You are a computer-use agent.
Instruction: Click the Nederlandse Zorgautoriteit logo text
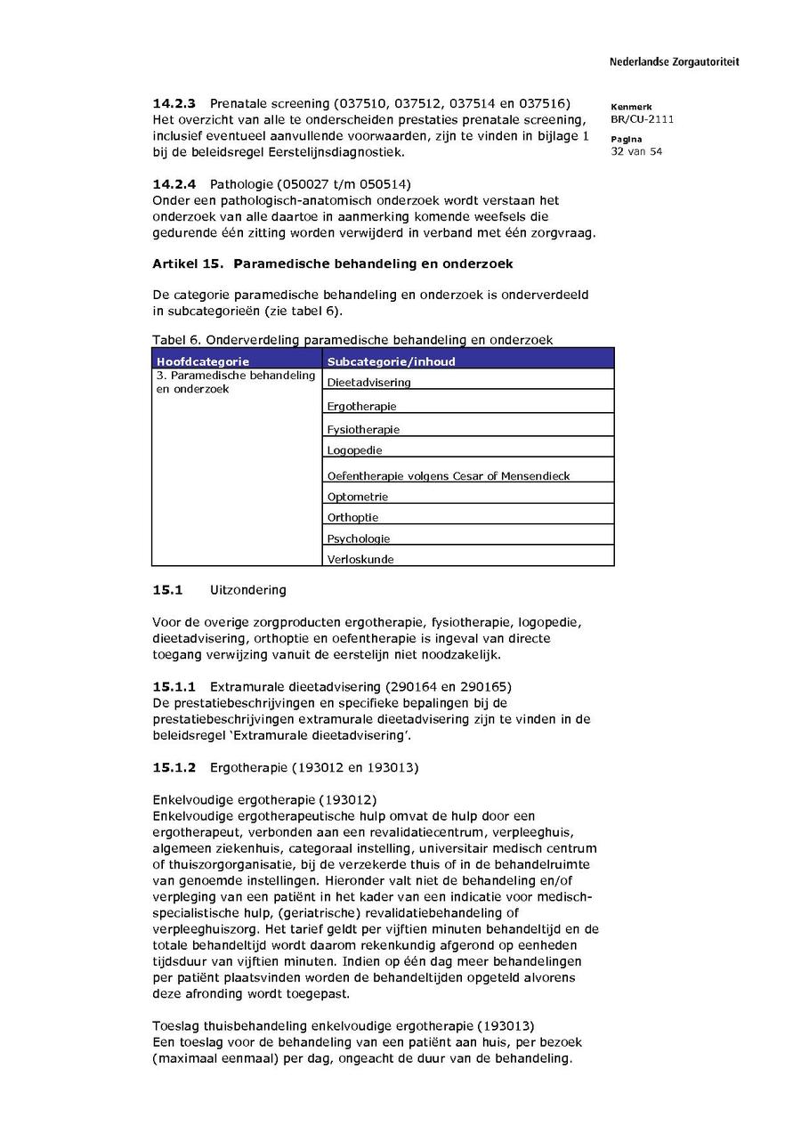pos(674,62)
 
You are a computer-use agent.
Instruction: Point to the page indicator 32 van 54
pos(635,151)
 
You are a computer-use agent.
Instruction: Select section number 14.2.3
pos(174,104)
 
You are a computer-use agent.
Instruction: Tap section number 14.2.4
pos(174,184)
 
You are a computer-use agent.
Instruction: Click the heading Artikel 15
pos(187,264)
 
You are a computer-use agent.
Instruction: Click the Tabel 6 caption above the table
pos(352,339)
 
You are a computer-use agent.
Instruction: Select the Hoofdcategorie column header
pos(203,361)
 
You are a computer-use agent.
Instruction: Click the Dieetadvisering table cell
pos(369,383)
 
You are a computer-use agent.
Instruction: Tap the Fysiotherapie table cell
pos(364,430)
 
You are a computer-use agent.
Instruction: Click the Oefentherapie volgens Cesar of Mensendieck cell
pos(449,476)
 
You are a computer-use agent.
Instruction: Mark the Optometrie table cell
pos(358,497)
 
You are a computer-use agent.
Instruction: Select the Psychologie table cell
pos(359,538)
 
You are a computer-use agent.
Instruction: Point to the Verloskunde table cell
pos(360,560)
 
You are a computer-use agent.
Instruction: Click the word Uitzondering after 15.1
pos(248,590)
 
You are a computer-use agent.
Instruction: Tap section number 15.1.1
pos(174,686)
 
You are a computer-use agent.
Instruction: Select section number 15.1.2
pos(174,767)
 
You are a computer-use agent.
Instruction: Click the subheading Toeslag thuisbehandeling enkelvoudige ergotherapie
pos(343,1026)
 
